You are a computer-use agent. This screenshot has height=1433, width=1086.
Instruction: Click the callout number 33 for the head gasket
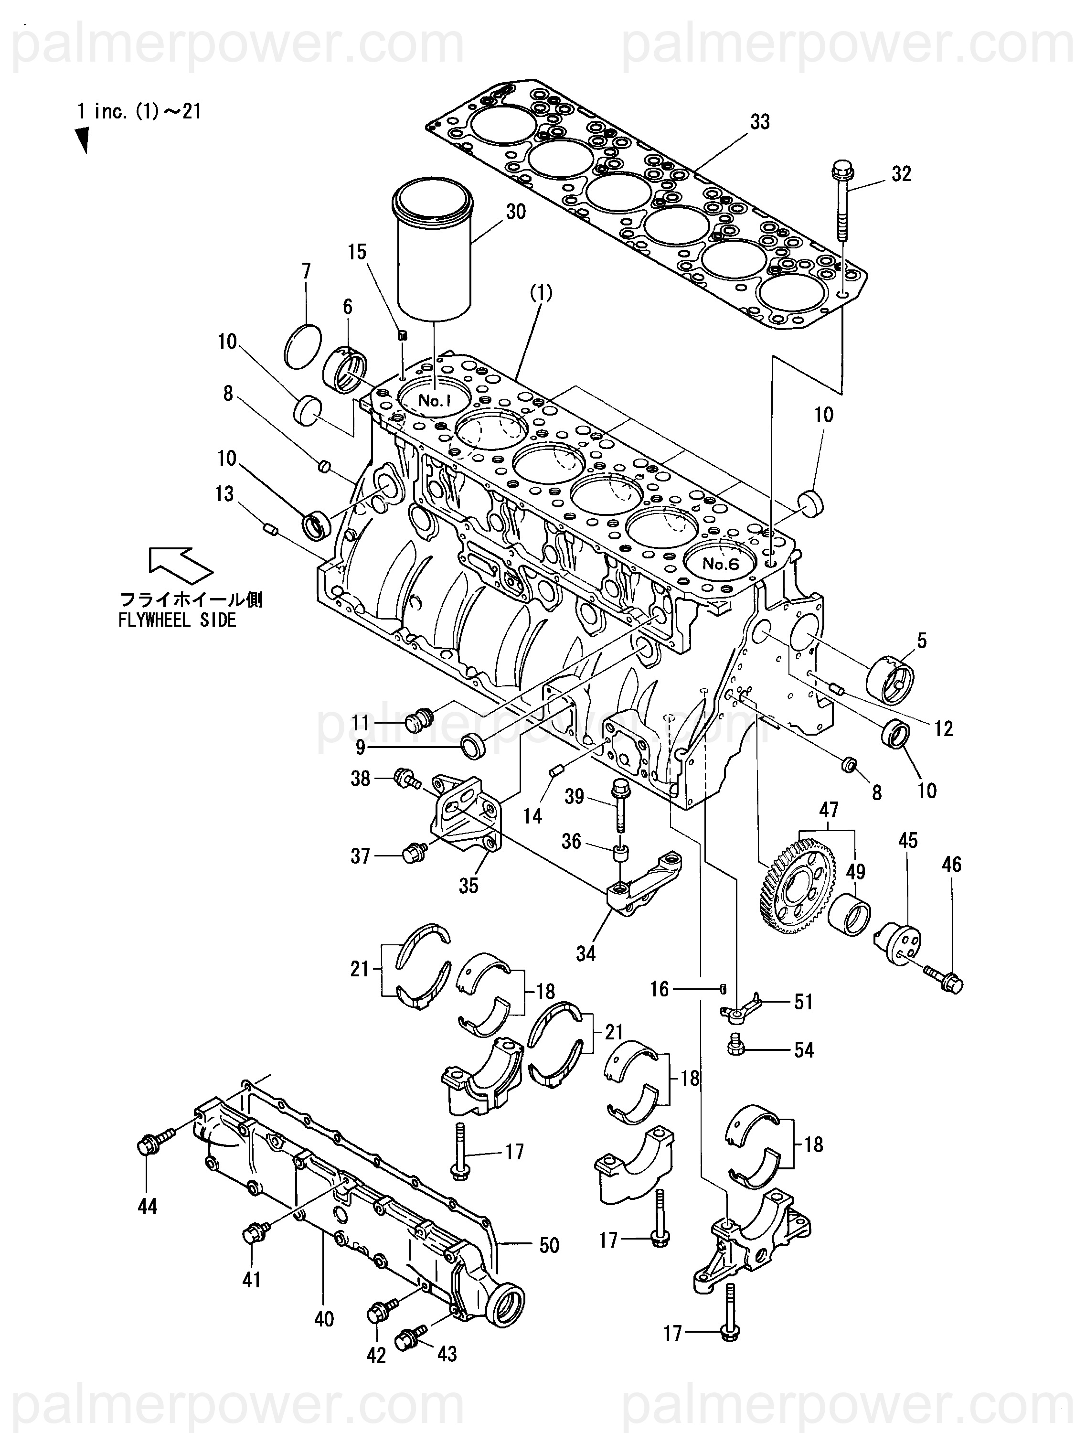pyautogui.click(x=760, y=122)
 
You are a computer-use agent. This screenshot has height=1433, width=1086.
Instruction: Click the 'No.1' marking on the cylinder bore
pyautogui.click(x=434, y=401)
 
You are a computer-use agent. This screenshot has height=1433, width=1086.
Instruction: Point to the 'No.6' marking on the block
pyautogui.click(x=721, y=564)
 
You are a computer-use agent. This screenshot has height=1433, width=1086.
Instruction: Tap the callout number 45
pyautogui.click(x=908, y=841)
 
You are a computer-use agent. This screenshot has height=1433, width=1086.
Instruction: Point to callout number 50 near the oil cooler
pyautogui.click(x=549, y=1245)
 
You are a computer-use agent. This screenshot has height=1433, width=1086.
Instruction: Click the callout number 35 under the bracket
pyautogui.click(x=468, y=886)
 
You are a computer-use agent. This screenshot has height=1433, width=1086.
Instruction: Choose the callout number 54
pyautogui.click(x=804, y=1050)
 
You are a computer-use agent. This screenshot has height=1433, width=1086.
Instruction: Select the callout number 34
pyautogui.click(x=586, y=953)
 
